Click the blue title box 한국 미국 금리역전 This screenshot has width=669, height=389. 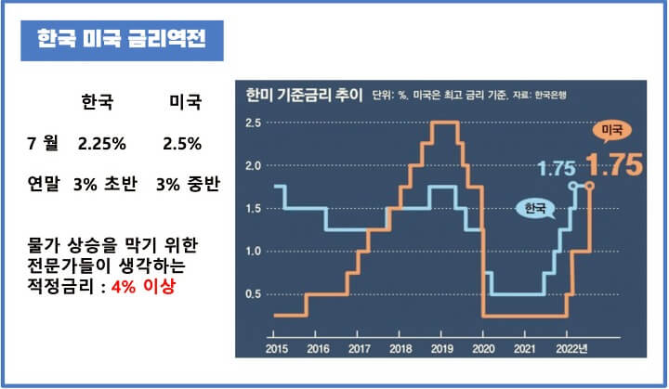(x=123, y=41)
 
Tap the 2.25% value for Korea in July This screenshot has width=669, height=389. (x=102, y=144)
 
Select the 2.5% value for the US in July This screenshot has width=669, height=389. (x=181, y=144)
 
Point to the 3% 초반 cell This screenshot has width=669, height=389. (x=105, y=185)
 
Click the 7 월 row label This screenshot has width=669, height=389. (x=44, y=144)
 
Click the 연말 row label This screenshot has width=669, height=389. (x=44, y=185)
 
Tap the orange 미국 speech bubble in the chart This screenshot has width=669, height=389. (x=610, y=130)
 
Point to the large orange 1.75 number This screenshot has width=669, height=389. (x=615, y=166)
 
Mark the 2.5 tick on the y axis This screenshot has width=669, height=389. (x=252, y=123)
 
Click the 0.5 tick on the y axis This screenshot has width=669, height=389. (x=252, y=294)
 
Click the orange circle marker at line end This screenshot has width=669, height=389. (x=590, y=186)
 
